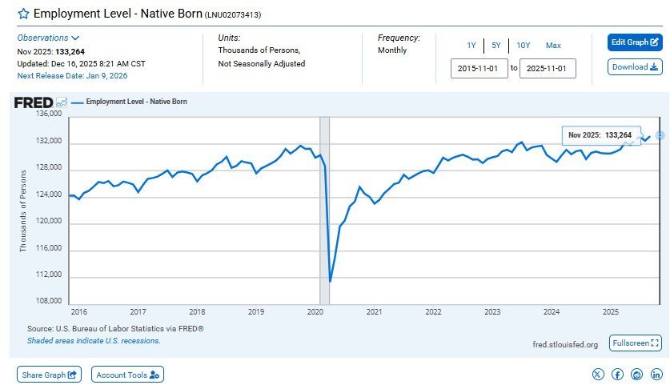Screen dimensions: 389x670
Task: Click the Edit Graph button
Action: (x=635, y=42)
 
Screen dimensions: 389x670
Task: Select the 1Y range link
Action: (x=471, y=46)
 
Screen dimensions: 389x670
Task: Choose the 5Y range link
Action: (x=495, y=46)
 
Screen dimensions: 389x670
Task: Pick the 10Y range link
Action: (x=523, y=46)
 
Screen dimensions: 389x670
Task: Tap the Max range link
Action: (x=553, y=46)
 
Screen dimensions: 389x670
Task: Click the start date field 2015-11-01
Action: (x=479, y=69)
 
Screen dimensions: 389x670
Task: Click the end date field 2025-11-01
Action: (x=548, y=69)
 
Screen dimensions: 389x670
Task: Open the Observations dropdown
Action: (x=49, y=38)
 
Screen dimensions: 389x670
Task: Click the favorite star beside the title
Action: (x=23, y=14)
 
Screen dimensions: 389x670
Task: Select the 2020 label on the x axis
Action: (x=315, y=311)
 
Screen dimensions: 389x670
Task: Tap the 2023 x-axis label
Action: (x=492, y=311)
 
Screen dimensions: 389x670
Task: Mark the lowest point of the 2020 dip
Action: (x=330, y=281)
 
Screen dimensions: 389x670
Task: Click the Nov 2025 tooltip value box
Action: (x=596, y=134)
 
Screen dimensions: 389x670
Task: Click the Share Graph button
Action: (x=49, y=374)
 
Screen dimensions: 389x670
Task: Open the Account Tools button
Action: (x=127, y=374)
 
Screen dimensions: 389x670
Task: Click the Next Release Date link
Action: (x=72, y=76)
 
